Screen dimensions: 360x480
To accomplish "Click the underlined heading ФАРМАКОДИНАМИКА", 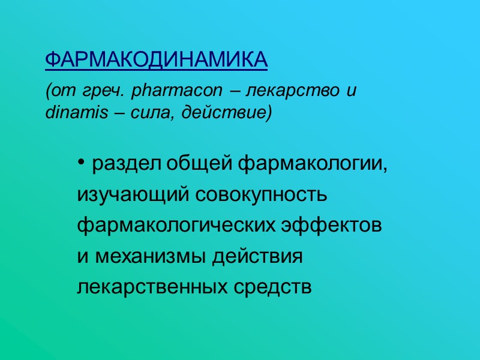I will [x=156, y=60].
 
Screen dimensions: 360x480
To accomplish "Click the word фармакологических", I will [x=177, y=226].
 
